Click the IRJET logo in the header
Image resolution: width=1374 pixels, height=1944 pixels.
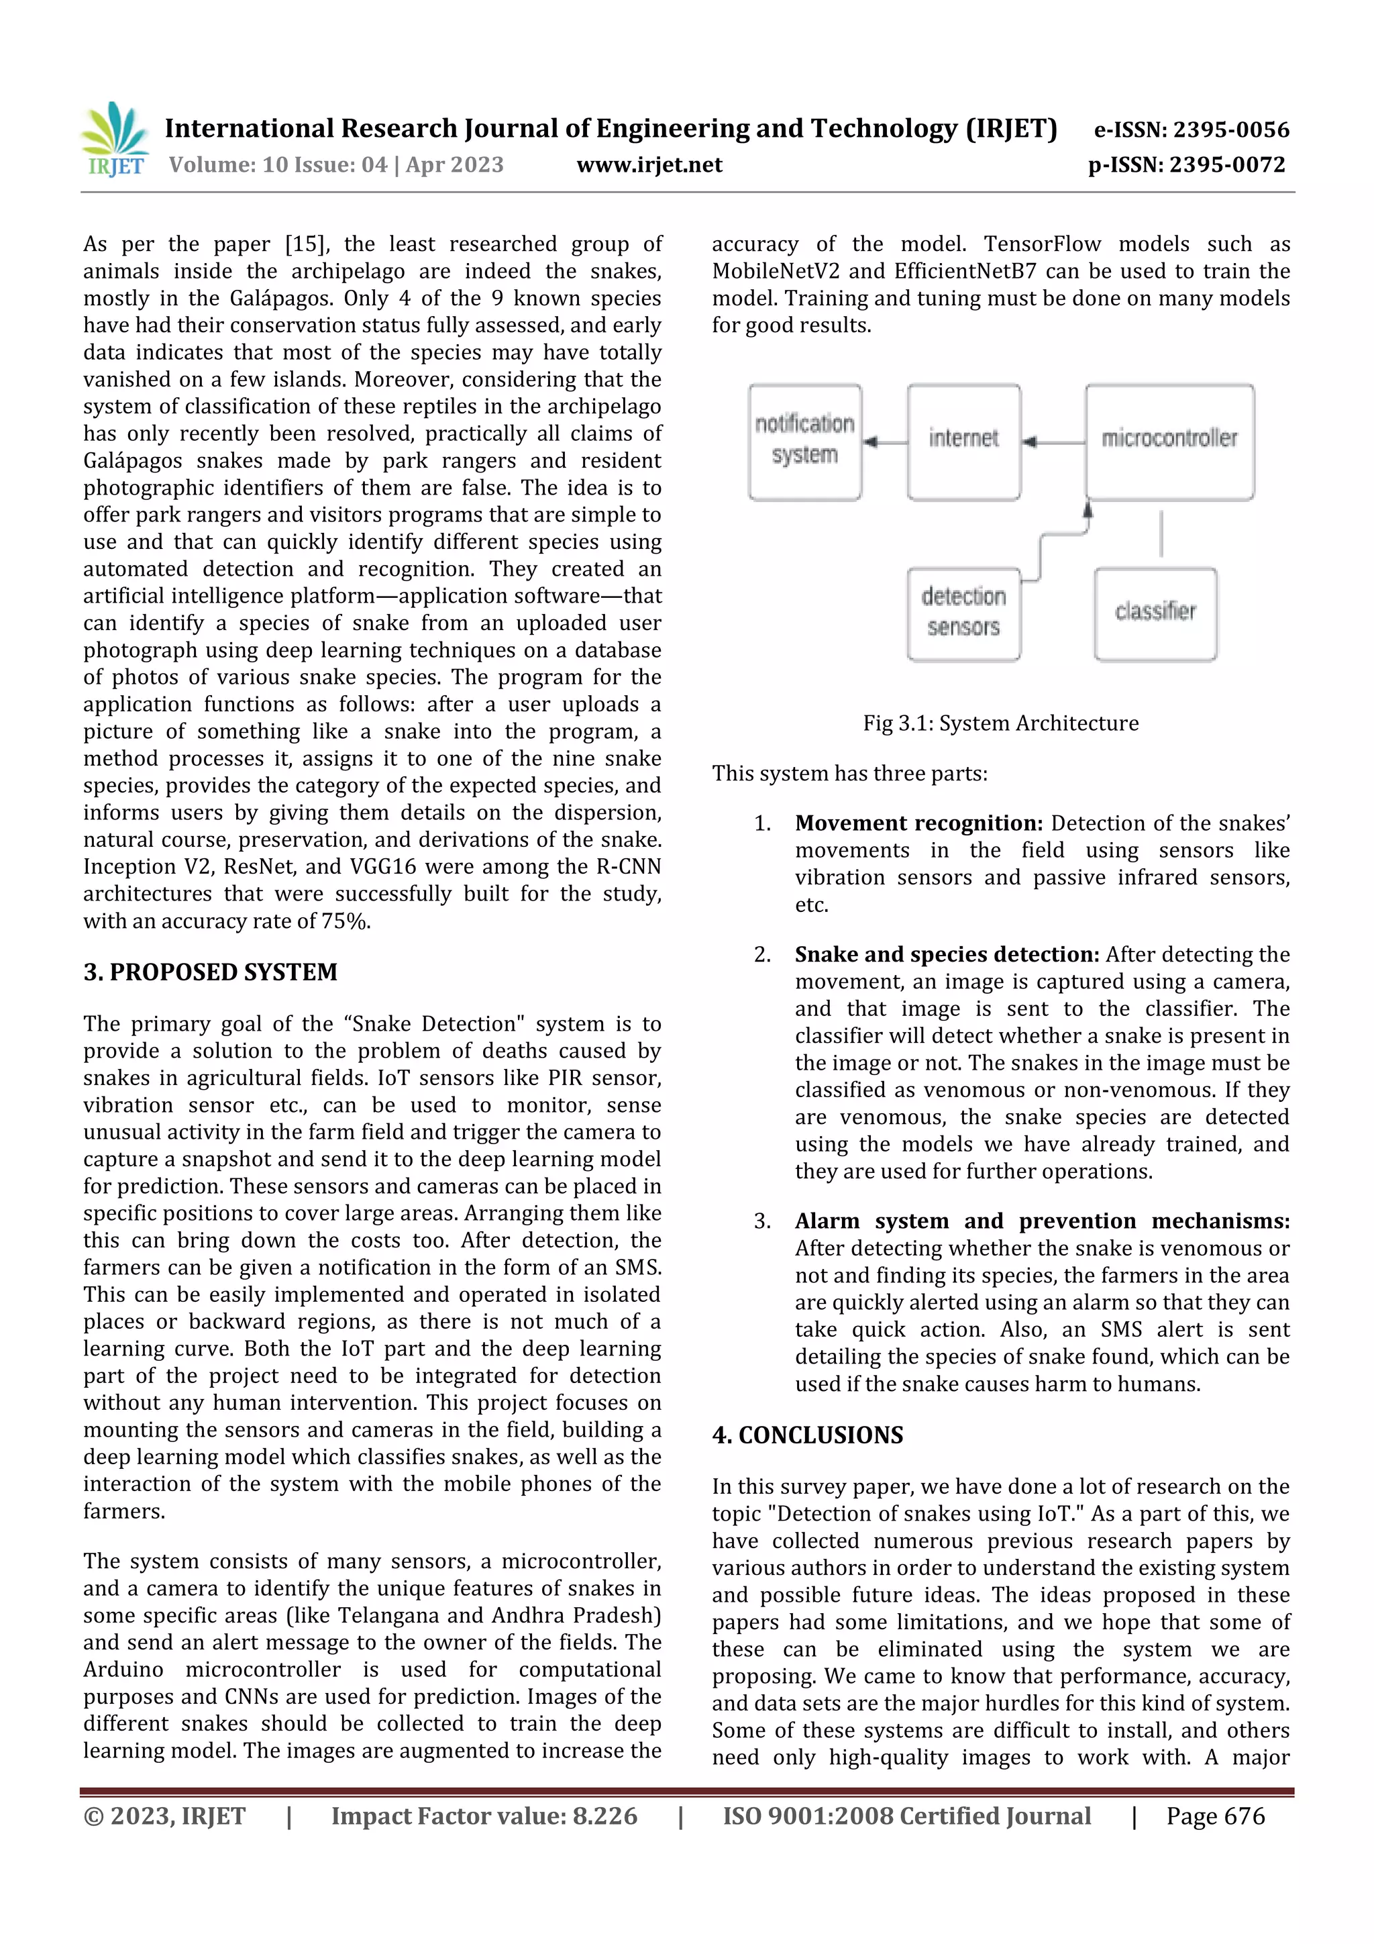pos(115,140)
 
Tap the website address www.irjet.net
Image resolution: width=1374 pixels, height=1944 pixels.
pos(649,165)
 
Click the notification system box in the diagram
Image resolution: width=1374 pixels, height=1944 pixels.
pos(804,442)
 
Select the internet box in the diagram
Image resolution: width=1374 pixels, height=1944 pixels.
pos(963,442)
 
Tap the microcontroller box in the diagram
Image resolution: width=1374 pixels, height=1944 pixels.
pos(1169,442)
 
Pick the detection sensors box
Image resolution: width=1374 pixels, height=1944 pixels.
pos(963,614)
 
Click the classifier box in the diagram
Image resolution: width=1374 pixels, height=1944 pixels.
pos(1155,614)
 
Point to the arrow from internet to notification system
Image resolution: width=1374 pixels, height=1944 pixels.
pos(884,442)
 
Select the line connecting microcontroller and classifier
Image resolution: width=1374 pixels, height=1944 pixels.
pos(1161,533)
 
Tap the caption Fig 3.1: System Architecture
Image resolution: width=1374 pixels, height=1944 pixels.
pos(1001,723)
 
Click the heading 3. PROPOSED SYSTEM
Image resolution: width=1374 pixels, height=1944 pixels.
pos(210,972)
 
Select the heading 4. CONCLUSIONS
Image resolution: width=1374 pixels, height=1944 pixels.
pos(808,1435)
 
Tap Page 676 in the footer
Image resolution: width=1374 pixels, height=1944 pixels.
pos(1215,1816)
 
